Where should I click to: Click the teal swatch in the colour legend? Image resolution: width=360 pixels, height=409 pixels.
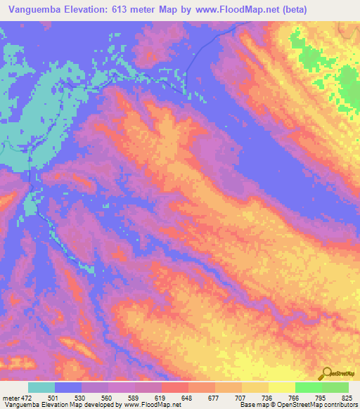coord(41,387)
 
